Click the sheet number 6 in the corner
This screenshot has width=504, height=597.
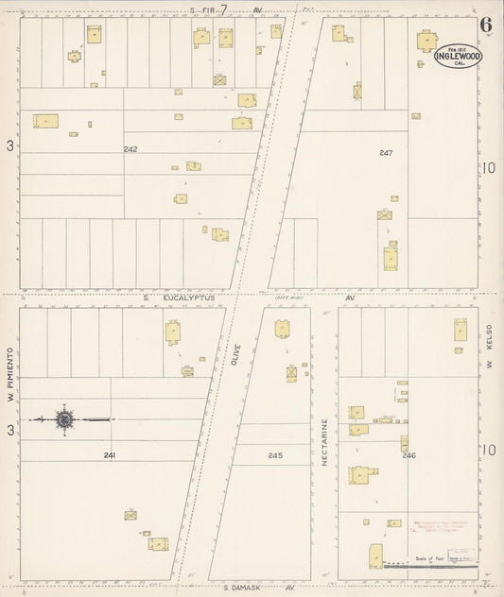coord(485,25)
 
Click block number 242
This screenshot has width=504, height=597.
coord(130,150)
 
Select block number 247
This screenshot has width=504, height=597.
coord(385,152)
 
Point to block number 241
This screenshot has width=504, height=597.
coord(111,455)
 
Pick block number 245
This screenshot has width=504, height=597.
coord(274,455)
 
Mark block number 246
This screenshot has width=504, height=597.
coord(408,455)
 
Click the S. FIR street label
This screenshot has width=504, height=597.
coord(206,10)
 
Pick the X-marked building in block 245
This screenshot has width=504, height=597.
coord(292,374)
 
